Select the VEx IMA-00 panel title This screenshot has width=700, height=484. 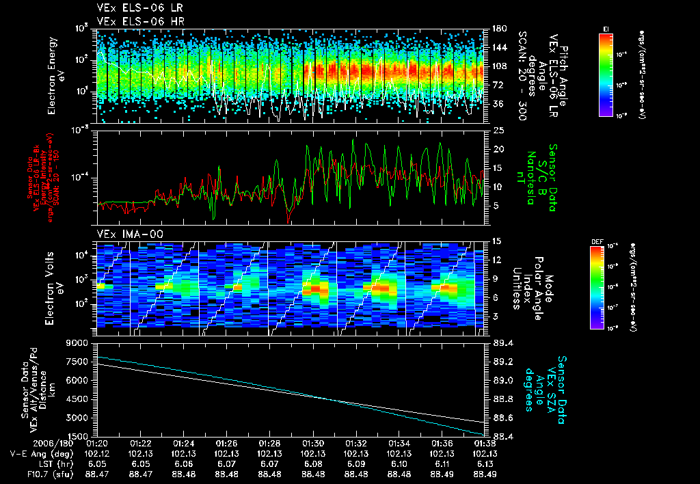(124, 234)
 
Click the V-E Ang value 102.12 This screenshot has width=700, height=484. (97, 453)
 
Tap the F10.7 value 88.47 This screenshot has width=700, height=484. (97, 473)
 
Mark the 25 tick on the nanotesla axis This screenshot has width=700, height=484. (498, 130)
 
